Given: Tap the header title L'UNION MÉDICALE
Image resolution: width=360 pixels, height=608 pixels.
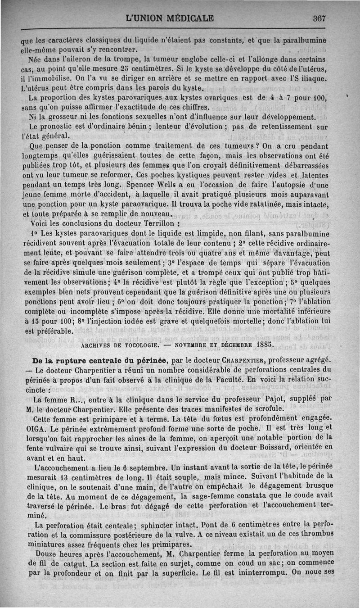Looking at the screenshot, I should [170, 18].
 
